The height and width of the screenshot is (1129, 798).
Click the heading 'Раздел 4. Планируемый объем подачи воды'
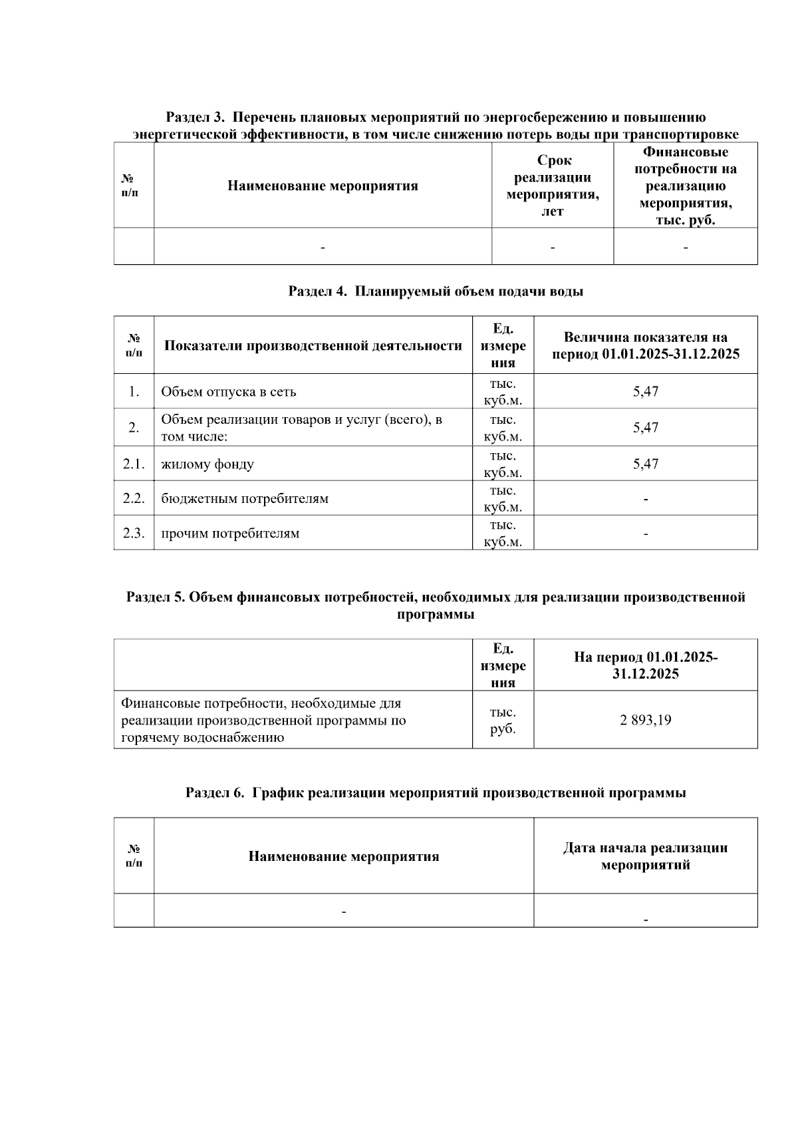(436, 291)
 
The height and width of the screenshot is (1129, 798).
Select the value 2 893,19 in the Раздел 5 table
(645, 720)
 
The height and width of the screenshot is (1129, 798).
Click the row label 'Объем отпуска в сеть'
(229, 392)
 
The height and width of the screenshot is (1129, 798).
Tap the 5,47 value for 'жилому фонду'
(645, 464)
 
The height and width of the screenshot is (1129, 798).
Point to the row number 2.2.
(134, 498)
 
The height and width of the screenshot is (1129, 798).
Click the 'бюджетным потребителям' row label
(245, 499)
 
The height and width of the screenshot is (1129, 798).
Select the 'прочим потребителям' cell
(230, 534)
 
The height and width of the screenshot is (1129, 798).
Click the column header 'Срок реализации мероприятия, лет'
(553, 186)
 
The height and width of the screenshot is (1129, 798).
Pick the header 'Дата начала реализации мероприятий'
(645, 856)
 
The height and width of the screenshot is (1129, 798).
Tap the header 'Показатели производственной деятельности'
(313, 346)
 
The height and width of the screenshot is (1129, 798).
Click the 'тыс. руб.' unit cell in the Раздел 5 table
(503, 720)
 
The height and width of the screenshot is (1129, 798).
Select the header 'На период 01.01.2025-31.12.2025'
(645, 665)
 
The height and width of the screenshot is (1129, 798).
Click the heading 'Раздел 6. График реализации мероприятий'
(436, 793)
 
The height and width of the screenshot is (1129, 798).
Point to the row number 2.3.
(134, 533)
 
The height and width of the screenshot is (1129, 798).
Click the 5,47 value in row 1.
(645, 391)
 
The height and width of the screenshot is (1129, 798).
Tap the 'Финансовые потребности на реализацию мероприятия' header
(686, 186)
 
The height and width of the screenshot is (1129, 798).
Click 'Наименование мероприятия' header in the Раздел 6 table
(344, 856)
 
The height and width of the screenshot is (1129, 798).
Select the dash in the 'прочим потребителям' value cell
(645, 534)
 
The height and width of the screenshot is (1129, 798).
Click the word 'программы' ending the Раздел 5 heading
(436, 615)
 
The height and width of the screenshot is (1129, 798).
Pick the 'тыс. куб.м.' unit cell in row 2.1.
(503, 464)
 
